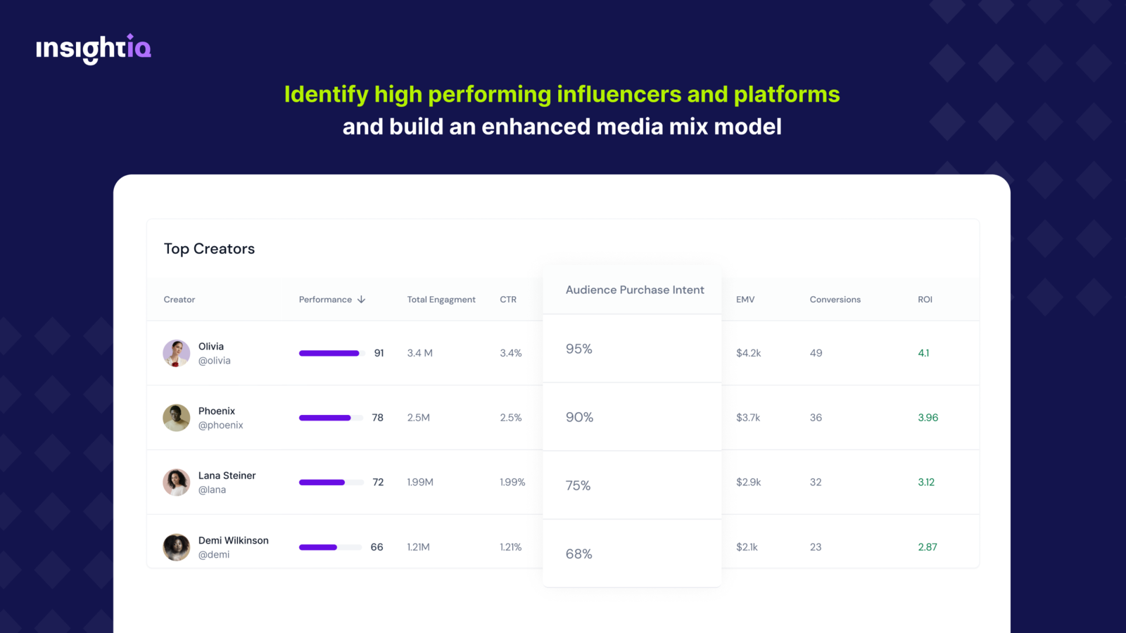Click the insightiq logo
(x=94, y=49)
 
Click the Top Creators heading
(x=209, y=249)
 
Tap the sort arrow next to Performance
(x=362, y=300)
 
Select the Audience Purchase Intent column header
(x=635, y=290)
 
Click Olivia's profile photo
(x=177, y=353)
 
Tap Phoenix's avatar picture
(x=177, y=418)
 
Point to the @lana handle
(x=212, y=490)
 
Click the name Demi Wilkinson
(x=234, y=540)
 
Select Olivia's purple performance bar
(x=329, y=353)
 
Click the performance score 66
(x=377, y=547)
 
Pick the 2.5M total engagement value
(x=418, y=418)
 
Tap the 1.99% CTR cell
(x=512, y=482)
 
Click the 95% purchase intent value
(x=579, y=349)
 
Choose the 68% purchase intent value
(x=579, y=554)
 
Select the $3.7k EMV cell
(x=748, y=418)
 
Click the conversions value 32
(x=816, y=482)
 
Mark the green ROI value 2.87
(x=928, y=547)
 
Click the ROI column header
(x=925, y=300)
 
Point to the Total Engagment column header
(x=441, y=300)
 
